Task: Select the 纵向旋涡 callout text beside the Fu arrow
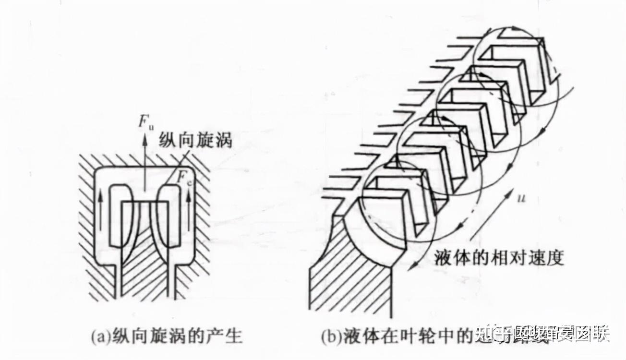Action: pos(197,141)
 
